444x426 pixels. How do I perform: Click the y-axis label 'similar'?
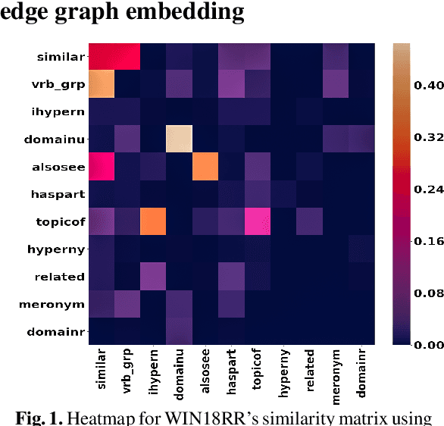[x=60, y=57]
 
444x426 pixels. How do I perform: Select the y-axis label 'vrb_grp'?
[x=60, y=84]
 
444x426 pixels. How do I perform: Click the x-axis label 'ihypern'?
[x=155, y=375]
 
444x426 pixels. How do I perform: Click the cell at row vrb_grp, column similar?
[x=102, y=84]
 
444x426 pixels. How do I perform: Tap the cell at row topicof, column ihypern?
[x=155, y=221]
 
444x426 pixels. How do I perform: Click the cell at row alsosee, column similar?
[x=102, y=167]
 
